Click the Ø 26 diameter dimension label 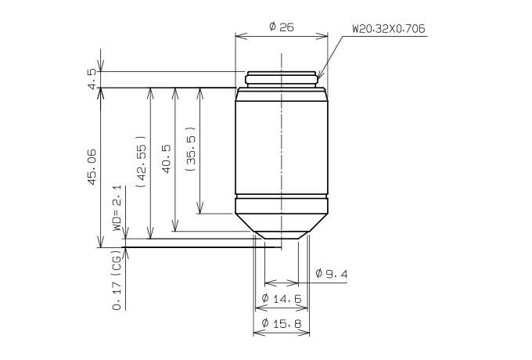pos(282,27)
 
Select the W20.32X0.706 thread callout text pos(389,28)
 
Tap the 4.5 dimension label pos(92,79)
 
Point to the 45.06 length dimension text pos(92,167)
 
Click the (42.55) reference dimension pos(141,162)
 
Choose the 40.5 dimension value pos(167,159)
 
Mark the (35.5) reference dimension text pos(191,149)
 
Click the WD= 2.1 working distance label pos(117,208)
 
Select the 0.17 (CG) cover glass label pos(117,280)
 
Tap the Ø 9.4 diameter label pos(332,273)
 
